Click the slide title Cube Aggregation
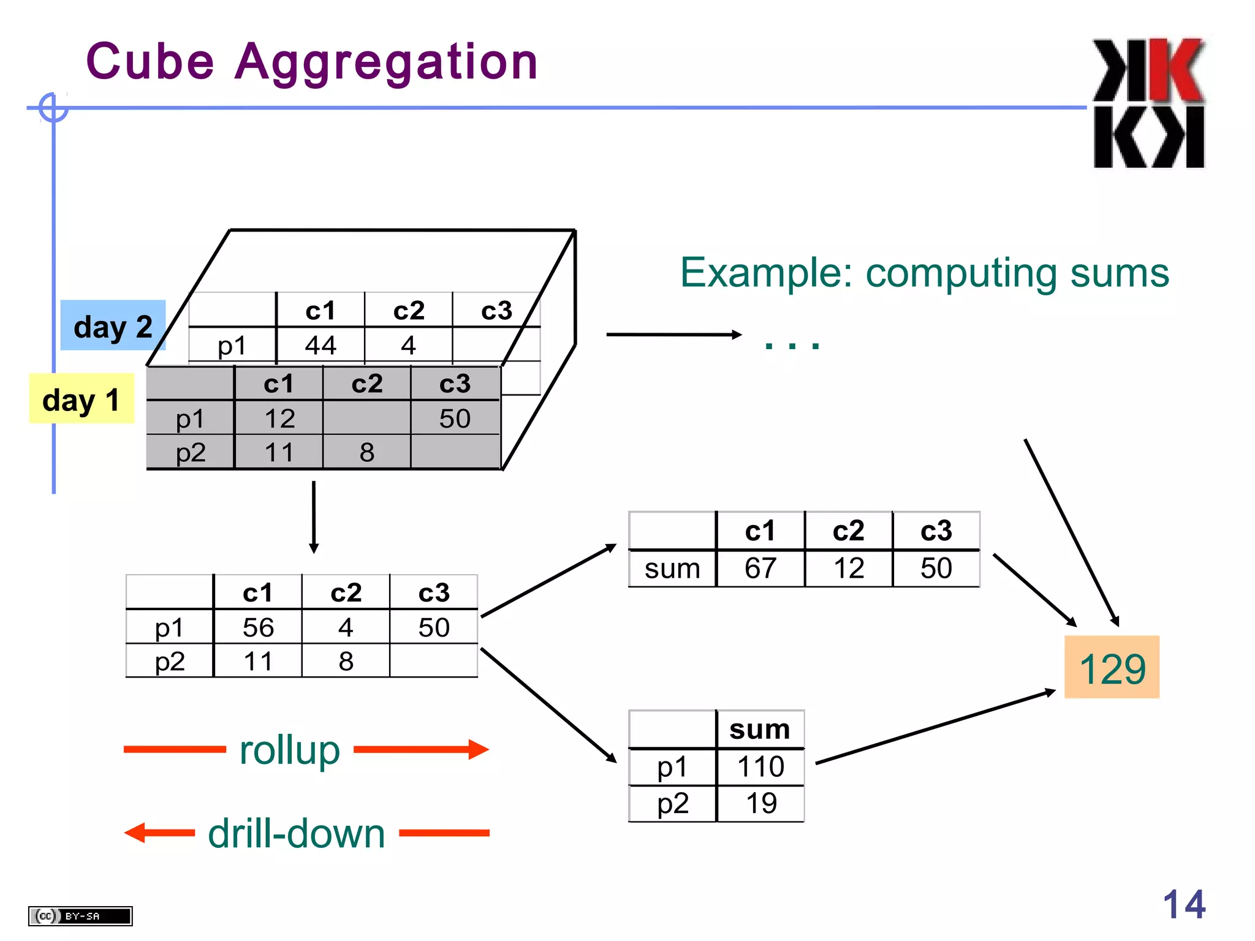311,62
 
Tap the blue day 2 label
113,326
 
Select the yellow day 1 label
81,399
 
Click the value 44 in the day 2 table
320,346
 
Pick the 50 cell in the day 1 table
455,419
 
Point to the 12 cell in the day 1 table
279,419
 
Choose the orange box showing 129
1112,668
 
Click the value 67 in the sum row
760,569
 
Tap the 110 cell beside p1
760,767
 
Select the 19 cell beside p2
761,803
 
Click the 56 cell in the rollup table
258,627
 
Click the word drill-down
297,834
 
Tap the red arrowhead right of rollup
479,749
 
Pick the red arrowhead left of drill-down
135,833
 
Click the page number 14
1183,904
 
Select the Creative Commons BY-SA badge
80,916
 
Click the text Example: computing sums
924,273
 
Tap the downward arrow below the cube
314,518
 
